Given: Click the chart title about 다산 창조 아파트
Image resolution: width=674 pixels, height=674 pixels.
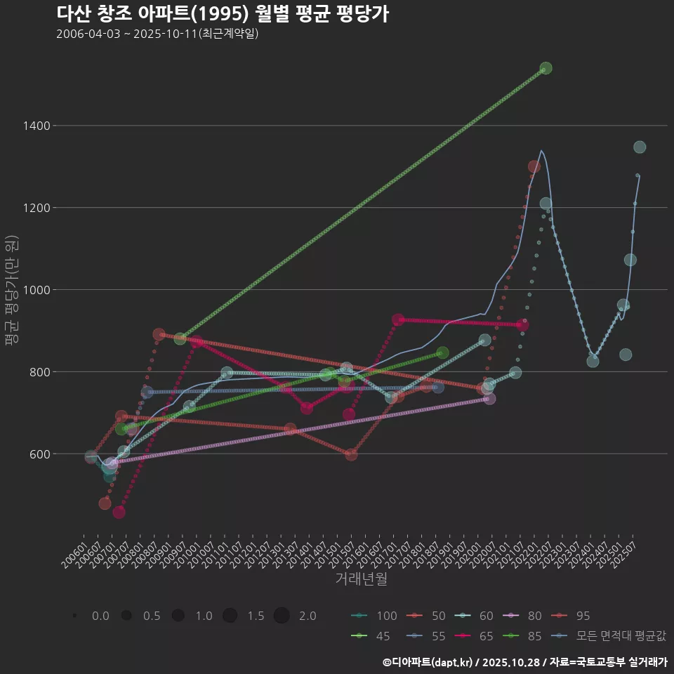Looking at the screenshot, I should point(222,14).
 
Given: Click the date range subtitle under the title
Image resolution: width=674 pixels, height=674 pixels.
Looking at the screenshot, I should point(157,34).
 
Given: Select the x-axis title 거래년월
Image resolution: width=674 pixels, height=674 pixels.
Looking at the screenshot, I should point(361,579).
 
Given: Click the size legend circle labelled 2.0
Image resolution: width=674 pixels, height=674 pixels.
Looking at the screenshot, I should point(282,616).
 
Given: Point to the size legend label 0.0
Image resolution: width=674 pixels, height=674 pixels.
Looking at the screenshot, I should point(100,616).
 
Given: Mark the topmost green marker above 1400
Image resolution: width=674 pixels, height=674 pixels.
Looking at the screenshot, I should point(546,68).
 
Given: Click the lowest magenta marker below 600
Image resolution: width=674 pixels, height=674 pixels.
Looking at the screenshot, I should point(119,513).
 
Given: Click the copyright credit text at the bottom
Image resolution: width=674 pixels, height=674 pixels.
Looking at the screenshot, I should point(525,662).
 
